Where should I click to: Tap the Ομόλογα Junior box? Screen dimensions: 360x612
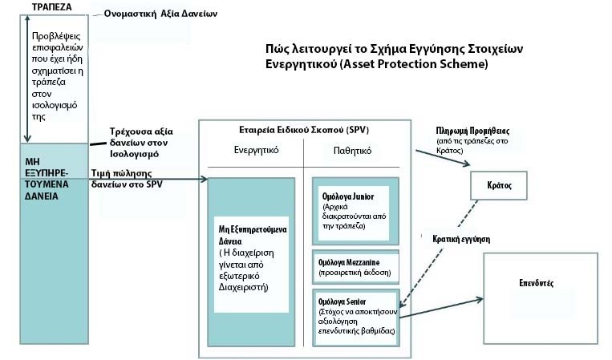pyautogui.click(x=355, y=211)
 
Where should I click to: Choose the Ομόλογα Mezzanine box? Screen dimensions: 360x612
pyautogui.click(x=355, y=267)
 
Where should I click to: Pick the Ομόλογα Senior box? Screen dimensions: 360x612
pyautogui.click(x=355, y=315)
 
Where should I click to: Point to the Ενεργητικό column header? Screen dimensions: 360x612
pyautogui.click(x=256, y=150)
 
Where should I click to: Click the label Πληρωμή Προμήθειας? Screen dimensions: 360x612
pyautogui.click(x=473, y=130)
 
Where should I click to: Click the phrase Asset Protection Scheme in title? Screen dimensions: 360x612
pyautogui.click(x=425, y=64)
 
